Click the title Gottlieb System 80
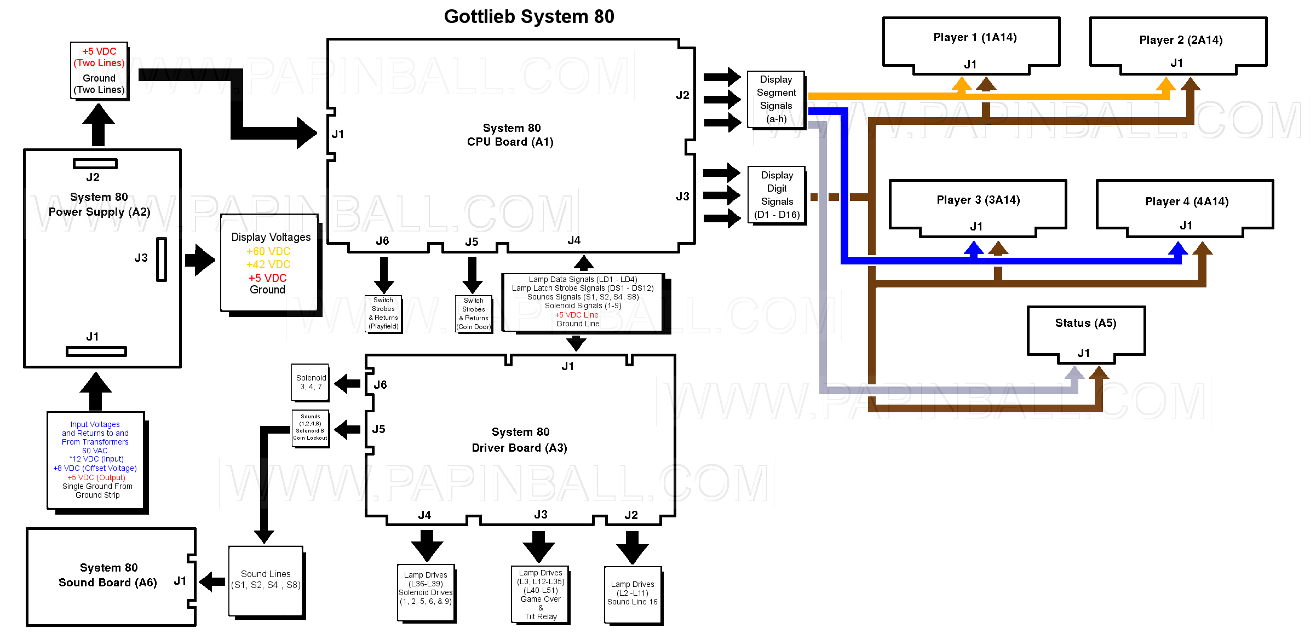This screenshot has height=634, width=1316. tap(528, 16)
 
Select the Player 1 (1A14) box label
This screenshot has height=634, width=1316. tap(975, 37)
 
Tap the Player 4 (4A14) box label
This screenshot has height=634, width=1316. tap(1187, 201)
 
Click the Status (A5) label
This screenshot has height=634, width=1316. tap(1085, 323)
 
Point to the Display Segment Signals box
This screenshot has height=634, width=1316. tap(776, 99)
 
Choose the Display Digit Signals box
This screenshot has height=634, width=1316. tap(777, 195)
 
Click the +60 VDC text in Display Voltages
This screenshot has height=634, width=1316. tap(268, 251)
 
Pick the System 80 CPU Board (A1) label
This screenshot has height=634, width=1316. tap(510, 135)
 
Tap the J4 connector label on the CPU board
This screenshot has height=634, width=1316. tap(574, 240)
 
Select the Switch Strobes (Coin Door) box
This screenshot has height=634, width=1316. tap(474, 314)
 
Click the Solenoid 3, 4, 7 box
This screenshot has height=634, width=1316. tap(311, 382)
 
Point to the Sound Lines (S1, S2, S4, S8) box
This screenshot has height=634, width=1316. tap(266, 580)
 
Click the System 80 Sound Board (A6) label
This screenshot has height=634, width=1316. tap(108, 575)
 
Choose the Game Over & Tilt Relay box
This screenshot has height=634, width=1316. tap(541, 595)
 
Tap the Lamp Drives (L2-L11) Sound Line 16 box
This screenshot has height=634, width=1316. tap(633, 593)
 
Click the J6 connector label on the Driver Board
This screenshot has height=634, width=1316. tap(380, 385)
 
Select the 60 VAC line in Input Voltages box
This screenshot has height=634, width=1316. tap(95, 451)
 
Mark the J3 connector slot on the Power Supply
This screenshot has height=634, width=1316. tap(162, 259)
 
